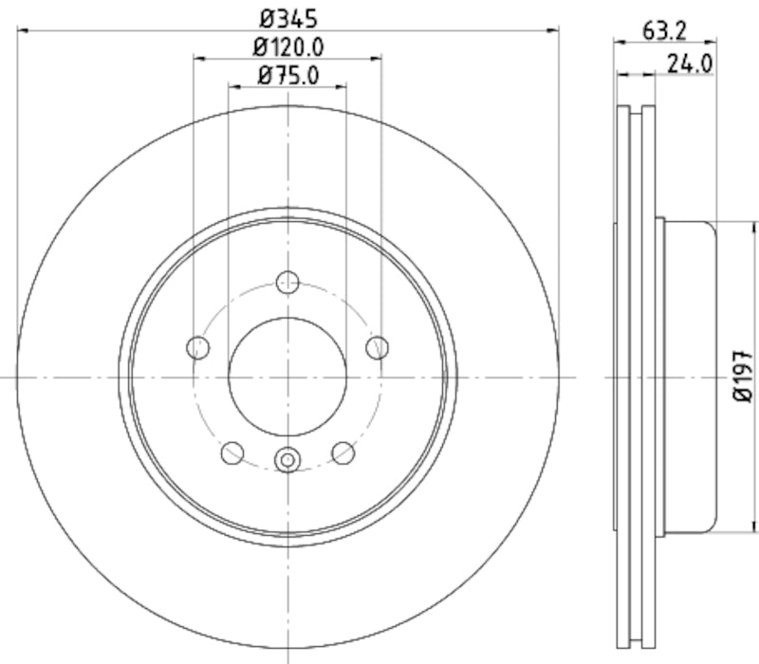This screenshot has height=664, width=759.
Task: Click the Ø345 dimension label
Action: tap(287, 17)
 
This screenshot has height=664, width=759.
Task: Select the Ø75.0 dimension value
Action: tap(287, 75)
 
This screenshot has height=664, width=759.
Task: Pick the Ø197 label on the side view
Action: tap(743, 378)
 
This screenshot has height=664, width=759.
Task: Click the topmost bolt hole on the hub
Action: tap(287, 282)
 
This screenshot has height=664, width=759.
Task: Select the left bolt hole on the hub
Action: tap(197, 347)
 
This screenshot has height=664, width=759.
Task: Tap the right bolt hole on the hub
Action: tap(378, 347)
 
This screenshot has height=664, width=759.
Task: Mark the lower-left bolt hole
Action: tap(231, 453)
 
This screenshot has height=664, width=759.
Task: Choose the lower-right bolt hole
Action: tap(343, 453)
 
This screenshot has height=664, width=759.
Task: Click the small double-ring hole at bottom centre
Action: tap(287, 460)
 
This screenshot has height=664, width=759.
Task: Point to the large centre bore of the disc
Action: tap(287, 377)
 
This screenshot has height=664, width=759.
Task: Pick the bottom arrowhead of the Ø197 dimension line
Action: tap(755, 529)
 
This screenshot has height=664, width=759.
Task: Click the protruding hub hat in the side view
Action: tap(688, 378)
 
